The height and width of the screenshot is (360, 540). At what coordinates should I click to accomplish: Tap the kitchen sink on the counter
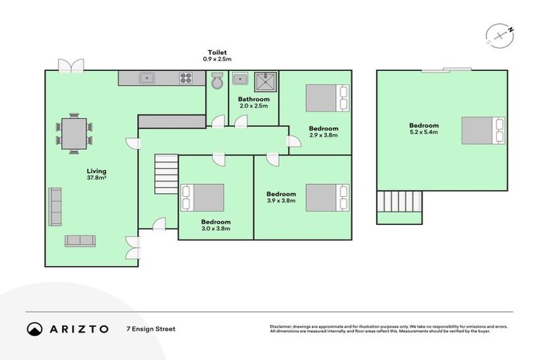click(147, 78)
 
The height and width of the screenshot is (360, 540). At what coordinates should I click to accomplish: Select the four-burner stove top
click(186, 78)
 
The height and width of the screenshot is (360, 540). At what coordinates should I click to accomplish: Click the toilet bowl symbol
click(217, 82)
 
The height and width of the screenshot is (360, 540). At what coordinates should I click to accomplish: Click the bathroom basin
click(240, 78)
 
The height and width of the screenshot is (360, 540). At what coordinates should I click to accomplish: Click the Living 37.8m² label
click(97, 174)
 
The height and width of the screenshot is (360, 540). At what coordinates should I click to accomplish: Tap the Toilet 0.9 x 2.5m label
click(217, 56)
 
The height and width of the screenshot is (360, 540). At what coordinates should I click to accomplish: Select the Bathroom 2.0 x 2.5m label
click(253, 103)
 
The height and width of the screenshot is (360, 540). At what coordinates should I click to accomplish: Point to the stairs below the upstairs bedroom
click(399, 205)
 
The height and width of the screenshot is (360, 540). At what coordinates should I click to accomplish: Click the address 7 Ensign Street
click(150, 328)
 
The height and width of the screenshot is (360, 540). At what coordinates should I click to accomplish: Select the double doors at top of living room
click(70, 65)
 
